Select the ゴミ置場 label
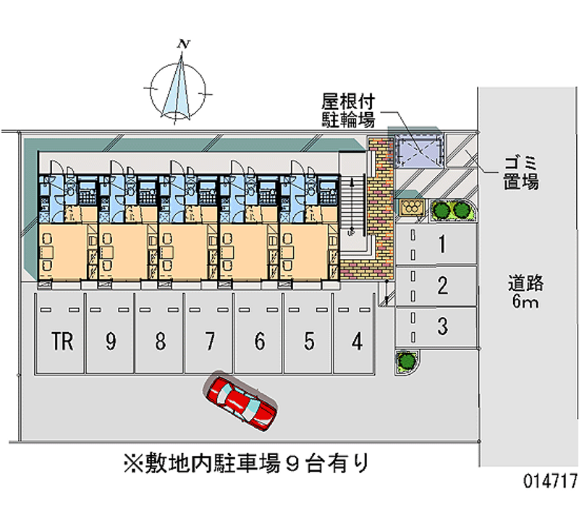520,173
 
